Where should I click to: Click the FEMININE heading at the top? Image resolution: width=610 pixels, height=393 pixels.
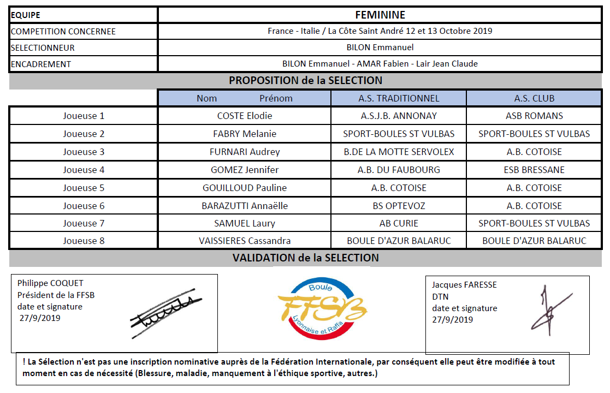(x=380, y=15)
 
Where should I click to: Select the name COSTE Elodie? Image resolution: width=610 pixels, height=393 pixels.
(x=245, y=116)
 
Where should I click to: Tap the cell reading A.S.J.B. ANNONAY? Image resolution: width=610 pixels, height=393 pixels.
(x=399, y=116)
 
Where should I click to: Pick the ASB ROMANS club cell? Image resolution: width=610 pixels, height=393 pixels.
(x=534, y=116)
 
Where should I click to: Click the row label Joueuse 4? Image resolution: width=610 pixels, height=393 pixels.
(x=84, y=170)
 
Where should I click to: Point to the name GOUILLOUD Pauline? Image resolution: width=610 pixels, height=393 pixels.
(x=245, y=188)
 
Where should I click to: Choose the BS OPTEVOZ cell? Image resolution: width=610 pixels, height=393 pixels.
(x=399, y=206)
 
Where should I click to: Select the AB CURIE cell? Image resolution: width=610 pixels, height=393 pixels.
(x=399, y=223)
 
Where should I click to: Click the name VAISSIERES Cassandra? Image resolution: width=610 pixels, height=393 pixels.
(x=245, y=241)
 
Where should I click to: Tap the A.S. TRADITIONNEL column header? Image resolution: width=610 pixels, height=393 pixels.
(x=399, y=98)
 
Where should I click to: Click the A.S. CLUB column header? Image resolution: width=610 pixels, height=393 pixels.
(x=534, y=98)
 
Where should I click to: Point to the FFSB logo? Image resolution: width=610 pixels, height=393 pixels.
(x=322, y=307)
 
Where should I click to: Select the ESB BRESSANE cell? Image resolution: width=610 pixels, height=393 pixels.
(x=534, y=170)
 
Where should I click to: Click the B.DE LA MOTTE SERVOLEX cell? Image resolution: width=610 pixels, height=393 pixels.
(x=399, y=152)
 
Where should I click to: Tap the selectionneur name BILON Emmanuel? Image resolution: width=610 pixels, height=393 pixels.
(x=380, y=47)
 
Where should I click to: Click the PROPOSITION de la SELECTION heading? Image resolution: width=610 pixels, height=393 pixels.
(x=305, y=81)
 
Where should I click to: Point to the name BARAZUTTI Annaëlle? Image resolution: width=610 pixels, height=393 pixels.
(x=245, y=206)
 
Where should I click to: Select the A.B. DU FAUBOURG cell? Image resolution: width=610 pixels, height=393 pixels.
(x=399, y=170)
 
